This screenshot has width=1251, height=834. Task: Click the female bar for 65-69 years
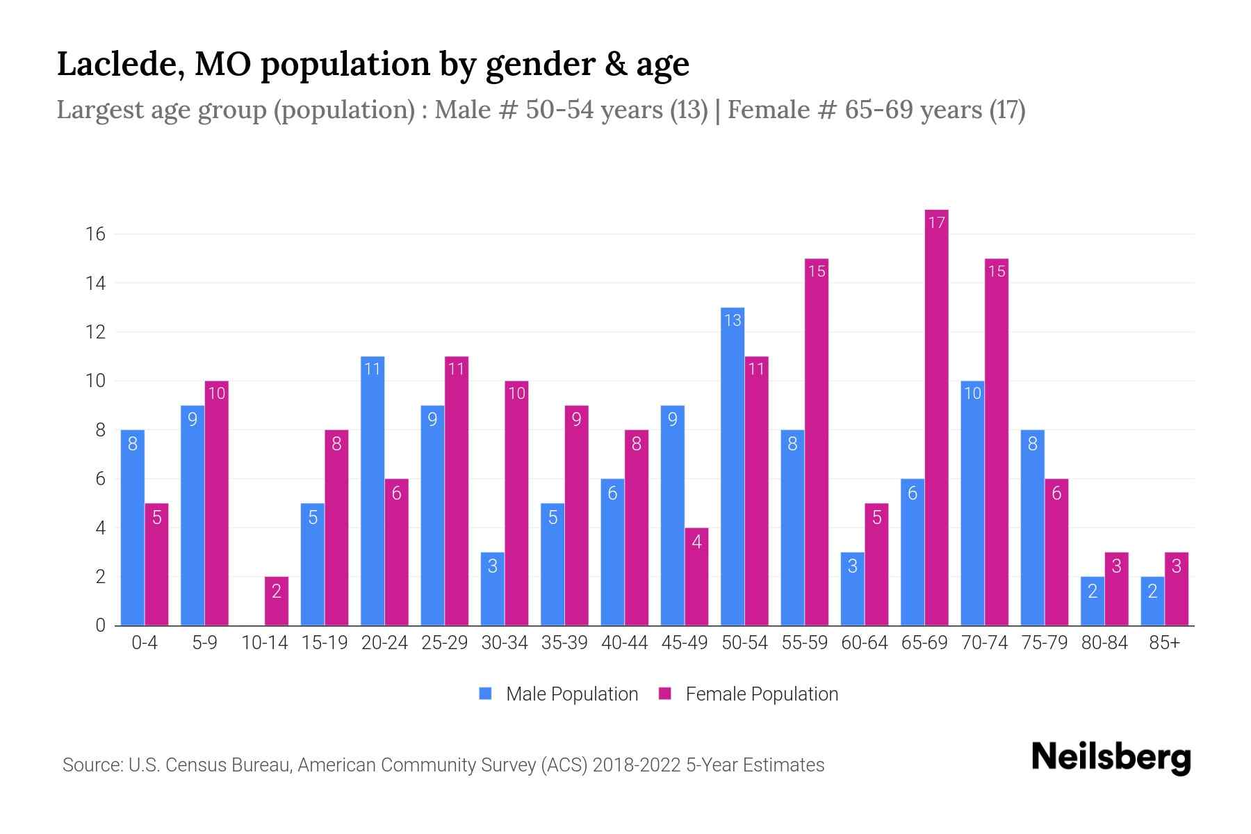click(x=936, y=417)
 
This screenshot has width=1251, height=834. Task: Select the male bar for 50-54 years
click(x=733, y=466)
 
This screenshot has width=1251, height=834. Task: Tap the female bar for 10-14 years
click(x=277, y=601)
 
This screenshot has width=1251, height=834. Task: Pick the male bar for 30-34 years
click(x=492, y=589)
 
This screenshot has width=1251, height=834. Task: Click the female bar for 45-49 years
click(x=696, y=577)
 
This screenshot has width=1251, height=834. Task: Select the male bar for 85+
click(x=1152, y=601)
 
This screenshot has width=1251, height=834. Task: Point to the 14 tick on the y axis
click(x=95, y=284)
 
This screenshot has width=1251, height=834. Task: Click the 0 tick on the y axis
click(x=101, y=625)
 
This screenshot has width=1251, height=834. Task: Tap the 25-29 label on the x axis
click(x=444, y=643)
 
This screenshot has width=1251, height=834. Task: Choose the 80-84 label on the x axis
click(x=1104, y=643)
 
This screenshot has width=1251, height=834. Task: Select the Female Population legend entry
click(x=749, y=694)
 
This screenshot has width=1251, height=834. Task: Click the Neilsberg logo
click(x=1111, y=758)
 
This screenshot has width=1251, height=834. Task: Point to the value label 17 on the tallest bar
click(x=936, y=222)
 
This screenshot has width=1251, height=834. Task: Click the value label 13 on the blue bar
click(x=733, y=320)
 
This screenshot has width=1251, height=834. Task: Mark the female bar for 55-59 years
click(x=817, y=442)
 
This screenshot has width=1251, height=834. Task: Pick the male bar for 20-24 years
click(x=373, y=491)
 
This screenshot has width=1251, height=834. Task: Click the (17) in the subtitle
click(x=1007, y=110)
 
